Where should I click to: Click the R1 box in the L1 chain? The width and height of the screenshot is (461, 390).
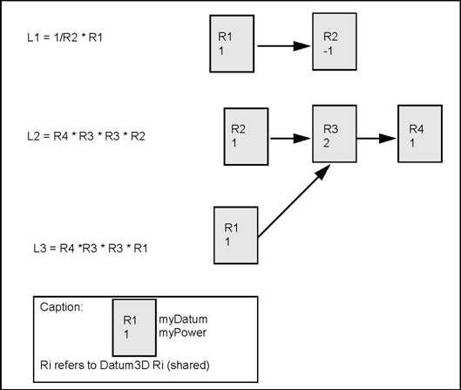point(231,44)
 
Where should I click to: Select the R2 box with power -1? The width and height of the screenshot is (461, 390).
point(336,44)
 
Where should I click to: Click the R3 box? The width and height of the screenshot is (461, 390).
point(336,133)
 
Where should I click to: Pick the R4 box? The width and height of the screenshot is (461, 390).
point(419,133)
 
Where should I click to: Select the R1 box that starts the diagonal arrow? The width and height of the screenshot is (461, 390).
point(236,233)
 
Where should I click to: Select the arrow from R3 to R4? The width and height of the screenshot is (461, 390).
point(377,136)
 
